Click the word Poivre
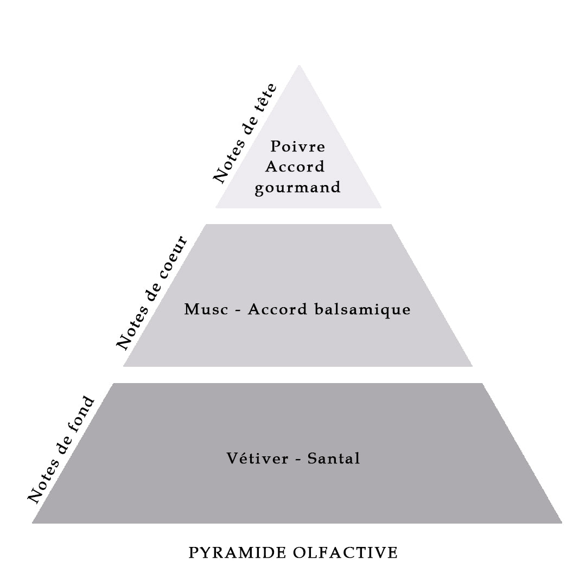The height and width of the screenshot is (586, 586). (x=297, y=146)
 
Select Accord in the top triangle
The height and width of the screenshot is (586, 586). (x=295, y=167)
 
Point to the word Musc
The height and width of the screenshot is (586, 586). (x=206, y=309)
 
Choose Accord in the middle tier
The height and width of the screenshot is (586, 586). (x=277, y=309)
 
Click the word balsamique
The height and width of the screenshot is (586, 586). (x=362, y=310)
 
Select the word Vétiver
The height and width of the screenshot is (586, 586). (x=258, y=458)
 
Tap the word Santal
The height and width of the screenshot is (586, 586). (x=334, y=458)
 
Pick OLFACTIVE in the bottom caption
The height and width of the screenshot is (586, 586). (x=345, y=553)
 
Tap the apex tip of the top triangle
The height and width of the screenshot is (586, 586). (x=299, y=66)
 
